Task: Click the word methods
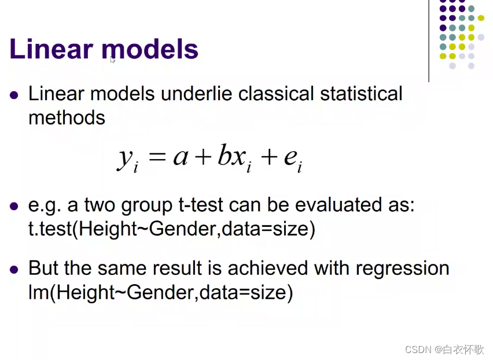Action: coord(67,117)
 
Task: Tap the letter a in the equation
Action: coord(179,158)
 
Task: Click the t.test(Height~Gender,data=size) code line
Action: coord(171,229)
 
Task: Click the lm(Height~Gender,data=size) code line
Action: coord(161,293)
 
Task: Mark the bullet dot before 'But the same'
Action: coord(14,269)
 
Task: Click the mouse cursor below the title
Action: coord(112,59)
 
